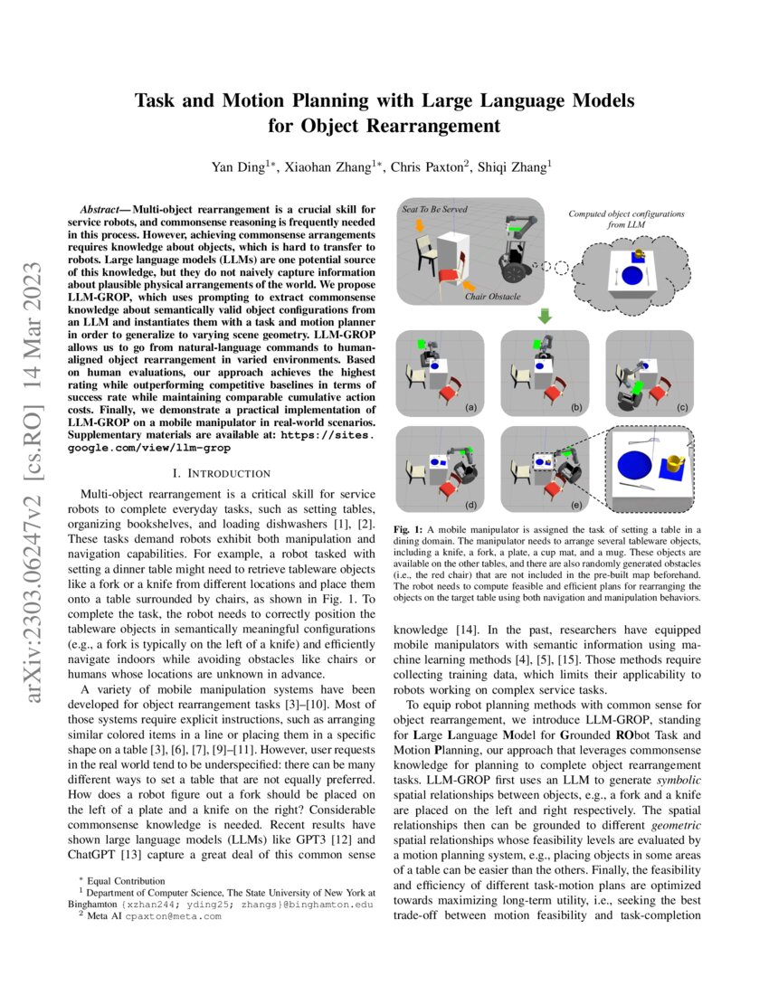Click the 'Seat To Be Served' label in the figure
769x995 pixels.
(434, 209)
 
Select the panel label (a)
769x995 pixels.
(470, 408)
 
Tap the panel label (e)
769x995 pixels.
(576, 502)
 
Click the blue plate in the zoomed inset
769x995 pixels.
(632, 466)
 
